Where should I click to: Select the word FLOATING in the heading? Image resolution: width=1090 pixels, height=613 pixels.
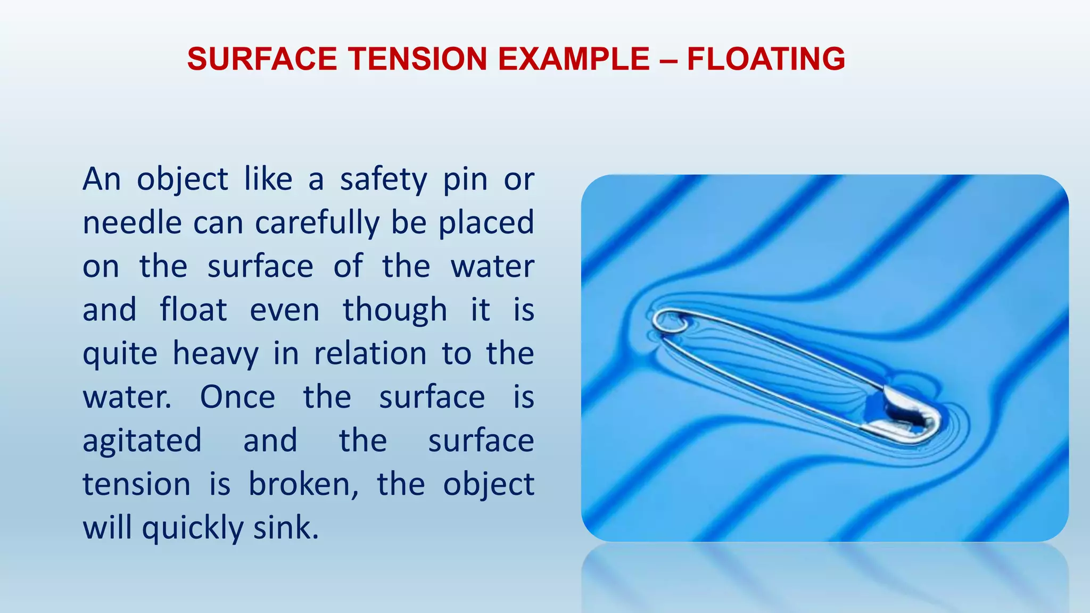(x=766, y=59)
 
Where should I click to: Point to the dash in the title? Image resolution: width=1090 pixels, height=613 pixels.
(x=668, y=60)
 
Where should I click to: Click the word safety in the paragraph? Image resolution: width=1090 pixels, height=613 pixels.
(x=383, y=180)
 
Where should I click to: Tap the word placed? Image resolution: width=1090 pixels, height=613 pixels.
(x=486, y=223)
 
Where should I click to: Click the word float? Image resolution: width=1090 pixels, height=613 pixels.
(x=194, y=310)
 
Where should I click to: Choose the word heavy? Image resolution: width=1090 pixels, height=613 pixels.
(x=216, y=354)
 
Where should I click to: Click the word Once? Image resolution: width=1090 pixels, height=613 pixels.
(x=237, y=397)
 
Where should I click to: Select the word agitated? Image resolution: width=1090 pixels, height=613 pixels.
(x=142, y=442)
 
